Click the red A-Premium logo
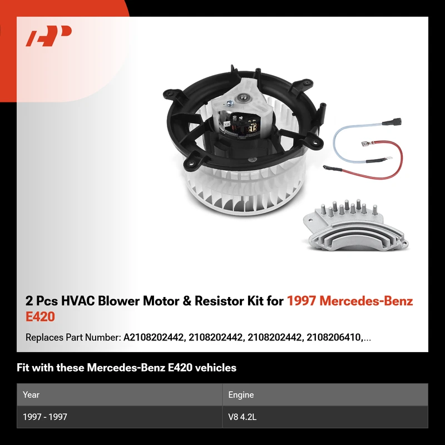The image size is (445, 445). pos(48,36)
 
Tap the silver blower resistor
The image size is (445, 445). pos(355,226)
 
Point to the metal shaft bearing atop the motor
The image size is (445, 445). pos(243,98)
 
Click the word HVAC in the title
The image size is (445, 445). pos(78,301)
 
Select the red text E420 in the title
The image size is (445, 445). pos(40,317)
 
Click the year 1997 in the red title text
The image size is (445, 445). pos(301,301)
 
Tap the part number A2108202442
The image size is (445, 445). pos(154,338)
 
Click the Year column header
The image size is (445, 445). pos(31,394)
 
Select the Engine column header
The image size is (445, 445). pos(241,394)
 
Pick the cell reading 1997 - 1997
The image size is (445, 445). pos(45,417)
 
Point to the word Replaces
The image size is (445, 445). pos(44,338)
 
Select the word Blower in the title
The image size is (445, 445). pos(118,301)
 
